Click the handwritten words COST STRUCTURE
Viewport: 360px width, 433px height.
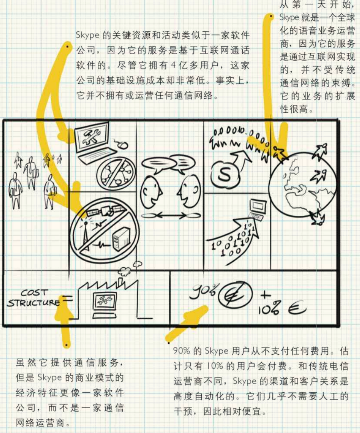tap(33, 298)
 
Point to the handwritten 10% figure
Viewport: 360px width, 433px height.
tap(269, 309)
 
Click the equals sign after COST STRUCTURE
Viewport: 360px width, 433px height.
tap(67, 300)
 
